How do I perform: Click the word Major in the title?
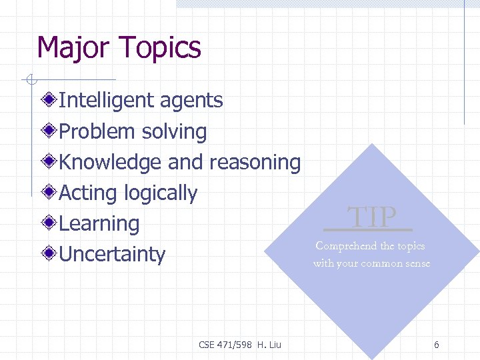tap(73, 48)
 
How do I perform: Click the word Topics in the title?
tap(159, 48)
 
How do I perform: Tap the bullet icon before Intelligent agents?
tap(49, 101)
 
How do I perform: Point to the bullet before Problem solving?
tap(49, 131)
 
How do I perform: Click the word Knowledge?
tap(110, 162)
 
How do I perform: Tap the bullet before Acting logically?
tap(49, 193)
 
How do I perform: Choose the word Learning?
tap(99, 224)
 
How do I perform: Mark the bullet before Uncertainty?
tap(49, 254)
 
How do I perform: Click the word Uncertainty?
tap(112, 254)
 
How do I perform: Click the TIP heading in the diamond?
tap(372, 217)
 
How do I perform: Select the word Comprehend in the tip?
tap(346, 246)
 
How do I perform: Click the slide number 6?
tap(436, 345)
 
